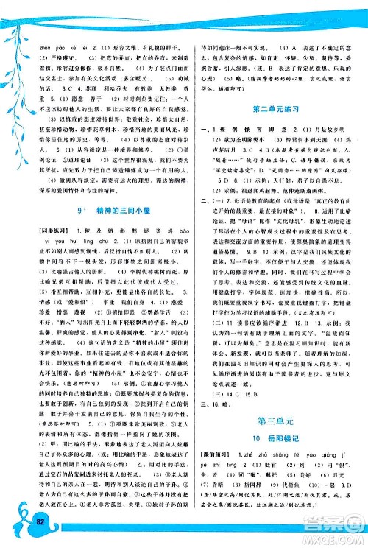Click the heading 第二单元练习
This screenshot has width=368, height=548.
pyautogui.click(x=274, y=110)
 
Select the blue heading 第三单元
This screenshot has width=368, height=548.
pyautogui.click(x=273, y=422)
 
